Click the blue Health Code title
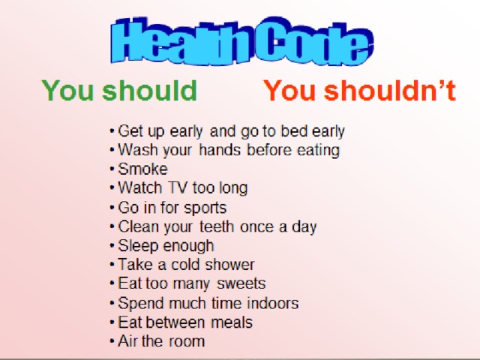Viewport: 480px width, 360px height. tap(241, 40)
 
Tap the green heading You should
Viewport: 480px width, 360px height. tap(119, 90)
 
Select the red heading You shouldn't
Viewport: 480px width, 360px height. tap(360, 90)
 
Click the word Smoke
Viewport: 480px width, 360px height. tap(143, 169)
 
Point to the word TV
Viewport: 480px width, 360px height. tap(178, 187)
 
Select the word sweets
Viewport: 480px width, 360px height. tap(241, 283)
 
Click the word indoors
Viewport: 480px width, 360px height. tap(273, 303)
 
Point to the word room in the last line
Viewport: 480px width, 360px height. tap(187, 341)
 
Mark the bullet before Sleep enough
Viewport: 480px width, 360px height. tap(112, 245)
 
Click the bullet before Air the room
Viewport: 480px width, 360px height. tap(112, 341)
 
